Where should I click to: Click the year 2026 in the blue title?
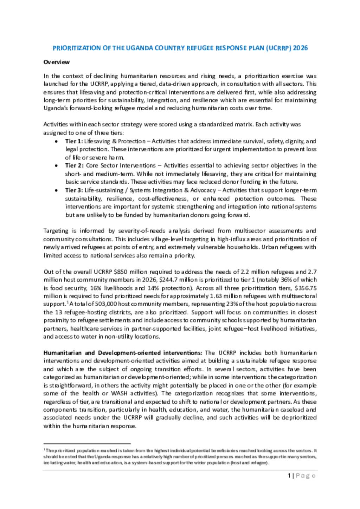(x=300, y=48)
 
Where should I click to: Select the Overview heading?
(x=57, y=62)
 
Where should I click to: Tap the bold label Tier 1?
(x=74, y=141)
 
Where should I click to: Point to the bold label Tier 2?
(x=74, y=165)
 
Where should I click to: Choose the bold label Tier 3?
(x=74, y=190)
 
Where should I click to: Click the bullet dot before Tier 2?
(x=56, y=166)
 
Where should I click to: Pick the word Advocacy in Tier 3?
(x=203, y=190)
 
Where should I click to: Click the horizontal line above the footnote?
(x=87, y=444)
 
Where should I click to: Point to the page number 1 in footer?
(x=289, y=476)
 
